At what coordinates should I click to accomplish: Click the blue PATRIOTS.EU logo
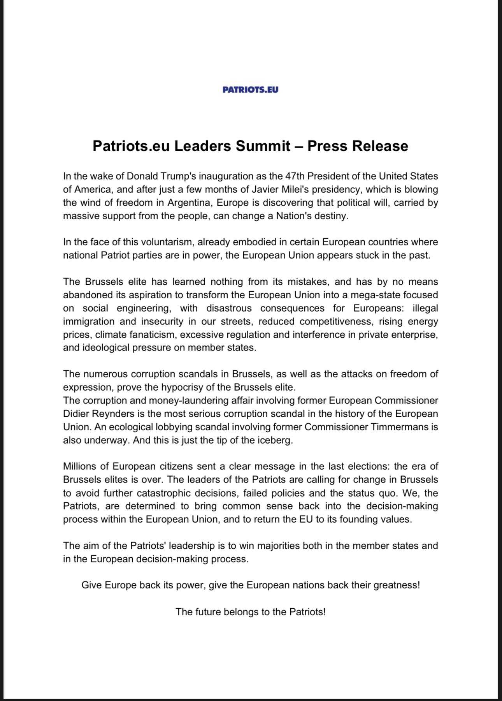tap(250, 90)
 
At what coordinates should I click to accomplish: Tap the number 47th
tap(295, 176)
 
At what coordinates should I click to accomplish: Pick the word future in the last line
tap(207, 612)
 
